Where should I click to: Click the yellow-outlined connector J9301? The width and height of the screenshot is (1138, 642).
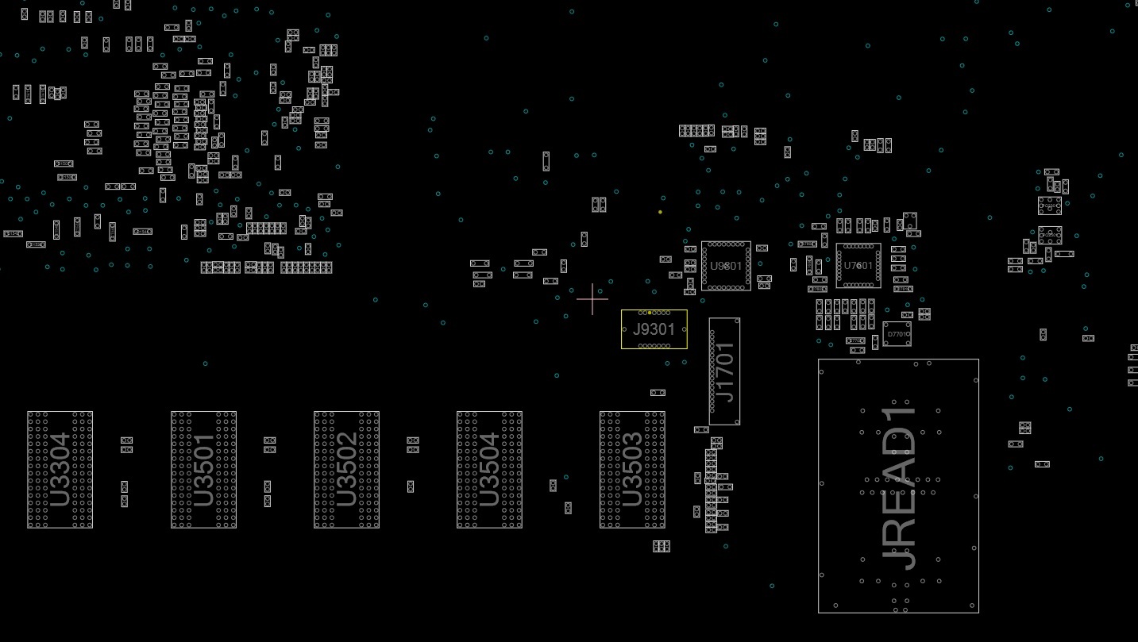click(654, 329)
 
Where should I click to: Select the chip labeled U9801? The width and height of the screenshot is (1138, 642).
click(726, 266)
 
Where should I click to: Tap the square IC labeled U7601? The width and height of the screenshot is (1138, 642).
click(858, 266)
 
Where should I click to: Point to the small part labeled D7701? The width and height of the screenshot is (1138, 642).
click(897, 334)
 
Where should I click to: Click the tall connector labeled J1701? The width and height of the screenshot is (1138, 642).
click(724, 371)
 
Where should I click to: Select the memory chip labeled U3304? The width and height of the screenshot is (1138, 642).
click(60, 469)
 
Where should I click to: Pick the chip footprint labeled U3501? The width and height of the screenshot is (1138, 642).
click(203, 469)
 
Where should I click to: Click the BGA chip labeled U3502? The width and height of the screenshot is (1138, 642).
click(346, 469)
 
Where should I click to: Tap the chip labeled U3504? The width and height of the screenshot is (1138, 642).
click(489, 469)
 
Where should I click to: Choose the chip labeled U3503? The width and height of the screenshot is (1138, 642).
click(632, 469)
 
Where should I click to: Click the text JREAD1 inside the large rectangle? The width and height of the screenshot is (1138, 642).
click(899, 488)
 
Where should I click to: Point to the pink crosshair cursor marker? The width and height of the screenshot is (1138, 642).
click(592, 299)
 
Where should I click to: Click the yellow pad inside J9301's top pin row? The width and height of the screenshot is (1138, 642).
click(650, 313)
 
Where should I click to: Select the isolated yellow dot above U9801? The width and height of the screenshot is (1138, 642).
click(660, 212)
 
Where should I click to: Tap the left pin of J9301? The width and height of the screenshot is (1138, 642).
click(626, 329)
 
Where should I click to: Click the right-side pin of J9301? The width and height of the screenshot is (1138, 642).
click(684, 329)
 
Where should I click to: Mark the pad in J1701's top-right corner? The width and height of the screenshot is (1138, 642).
click(738, 321)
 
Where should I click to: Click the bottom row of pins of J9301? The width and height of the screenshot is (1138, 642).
click(654, 346)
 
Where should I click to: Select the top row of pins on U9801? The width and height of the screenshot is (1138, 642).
click(726, 244)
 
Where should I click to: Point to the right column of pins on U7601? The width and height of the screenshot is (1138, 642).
click(878, 266)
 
